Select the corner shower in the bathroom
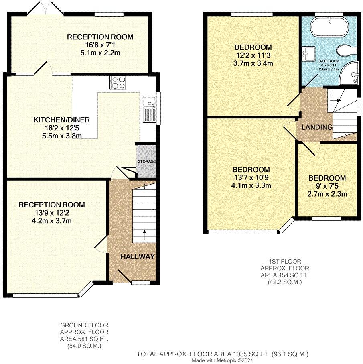pos(347,75)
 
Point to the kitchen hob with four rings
pos(117,82)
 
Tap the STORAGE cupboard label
pos(146,161)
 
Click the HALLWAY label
pos(138,256)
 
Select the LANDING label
pos(317,127)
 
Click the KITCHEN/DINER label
pos(61,120)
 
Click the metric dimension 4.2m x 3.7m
pos(52,220)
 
